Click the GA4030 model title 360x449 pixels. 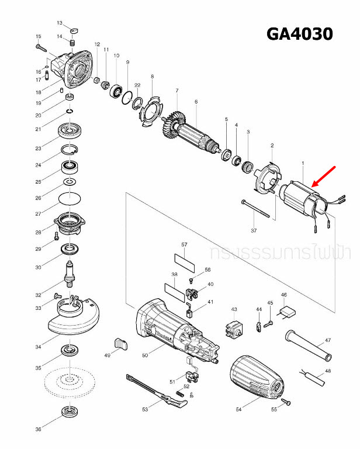(x=299, y=34)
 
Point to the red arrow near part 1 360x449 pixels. (x=325, y=177)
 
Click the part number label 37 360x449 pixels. (x=254, y=231)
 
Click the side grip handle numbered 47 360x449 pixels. (x=307, y=346)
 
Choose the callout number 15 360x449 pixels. (x=39, y=36)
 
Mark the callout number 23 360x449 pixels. (x=39, y=148)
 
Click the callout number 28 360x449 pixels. (x=39, y=233)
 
